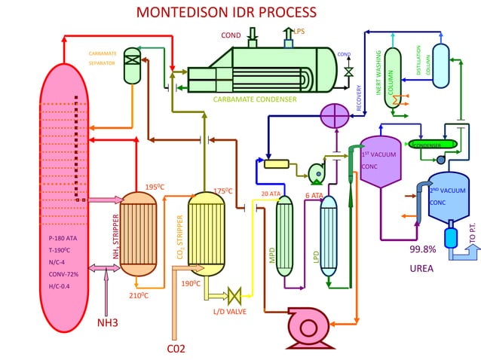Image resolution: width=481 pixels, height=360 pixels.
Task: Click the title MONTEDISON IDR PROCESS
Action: pyautogui.click(x=226, y=13)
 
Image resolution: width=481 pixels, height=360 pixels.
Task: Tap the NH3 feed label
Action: pyautogui.click(x=108, y=323)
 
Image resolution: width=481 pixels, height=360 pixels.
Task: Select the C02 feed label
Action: pyautogui.click(x=176, y=348)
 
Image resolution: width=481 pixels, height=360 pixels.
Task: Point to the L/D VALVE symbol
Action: pyautogui.click(x=233, y=295)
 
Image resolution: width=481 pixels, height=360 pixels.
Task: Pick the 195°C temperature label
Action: pyautogui.click(x=156, y=187)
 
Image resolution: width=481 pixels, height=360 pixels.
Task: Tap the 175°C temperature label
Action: pyautogui.click(x=224, y=191)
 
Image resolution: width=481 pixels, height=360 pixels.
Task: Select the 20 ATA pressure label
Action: pyautogui.click(x=271, y=194)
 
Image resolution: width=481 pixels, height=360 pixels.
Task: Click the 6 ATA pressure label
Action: pyautogui.click(x=314, y=196)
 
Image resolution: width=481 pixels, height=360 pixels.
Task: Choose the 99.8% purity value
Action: pyautogui.click(x=423, y=249)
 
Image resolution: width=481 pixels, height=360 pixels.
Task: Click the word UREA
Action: pyautogui.click(x=422, y=267)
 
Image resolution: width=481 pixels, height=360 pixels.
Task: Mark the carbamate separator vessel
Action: pyautogui.click(x=133, y=66)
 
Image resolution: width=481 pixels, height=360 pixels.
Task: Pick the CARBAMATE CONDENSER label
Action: pyautogui.click(x=254, y=99)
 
